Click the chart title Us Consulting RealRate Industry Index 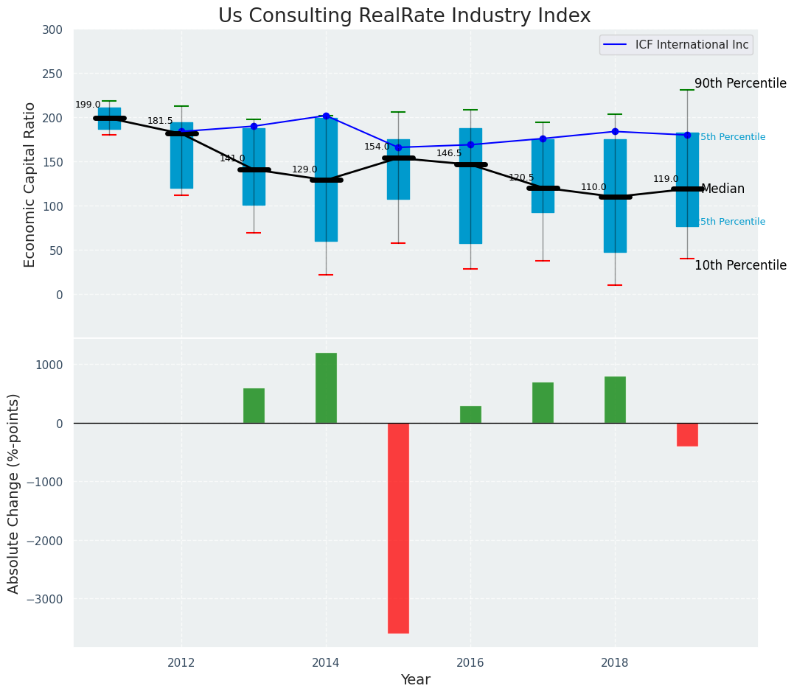[404, 16]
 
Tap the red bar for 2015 [398, 527]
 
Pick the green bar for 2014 [326, 388]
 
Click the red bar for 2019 [687, 435]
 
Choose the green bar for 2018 [615, 399]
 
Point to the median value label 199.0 [88, 105]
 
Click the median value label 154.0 [377, 147]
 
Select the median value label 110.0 [593, 187]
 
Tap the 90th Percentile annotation [740, 83]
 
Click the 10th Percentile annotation [740, 265]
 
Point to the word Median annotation [722, 189]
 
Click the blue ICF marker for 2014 [326, 116]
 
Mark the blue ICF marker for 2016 [470, 144]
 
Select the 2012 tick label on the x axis [181, 662]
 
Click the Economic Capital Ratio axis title [29, 184]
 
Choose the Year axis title [415, 679]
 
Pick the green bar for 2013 [254, 405]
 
